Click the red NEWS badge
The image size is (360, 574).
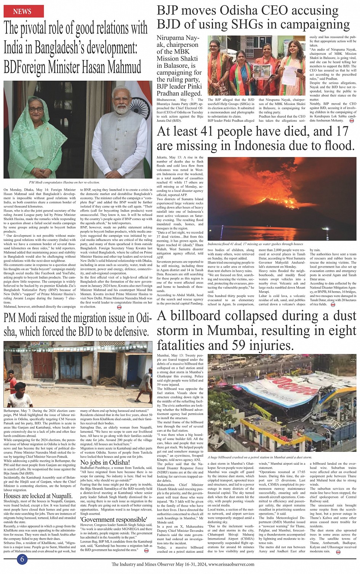pos(22,11)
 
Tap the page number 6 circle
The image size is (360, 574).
pos(22,559)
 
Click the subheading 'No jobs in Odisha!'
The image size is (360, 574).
pos(105,462)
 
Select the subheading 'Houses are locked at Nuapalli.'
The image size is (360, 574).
pos(38,496)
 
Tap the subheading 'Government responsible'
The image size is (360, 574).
pos(114,519)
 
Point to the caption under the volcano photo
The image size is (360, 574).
pos(255,244)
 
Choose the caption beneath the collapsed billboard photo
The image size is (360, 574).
pos(260,457)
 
